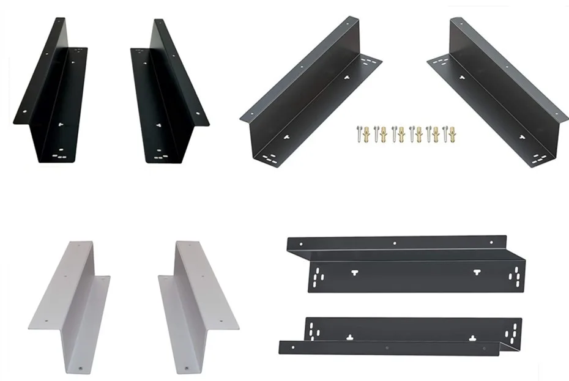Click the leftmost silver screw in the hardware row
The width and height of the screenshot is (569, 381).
pyautogui.click(x=358, y=133)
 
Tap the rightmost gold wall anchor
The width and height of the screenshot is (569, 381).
pyautogui.click(x=453, y=133)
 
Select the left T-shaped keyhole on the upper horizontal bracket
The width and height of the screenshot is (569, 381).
pyautogui.click(x=354, y=272)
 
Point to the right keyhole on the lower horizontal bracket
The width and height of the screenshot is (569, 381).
pyautogui.click(x=472, y=337)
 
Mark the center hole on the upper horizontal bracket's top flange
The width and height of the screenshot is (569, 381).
pyautogui.click(x=395, y=243)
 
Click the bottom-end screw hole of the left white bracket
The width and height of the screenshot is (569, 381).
pyautogui.click(x=84, y=369)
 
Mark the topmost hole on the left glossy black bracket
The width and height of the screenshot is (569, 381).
pyautogui.click(x=60, y=20)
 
